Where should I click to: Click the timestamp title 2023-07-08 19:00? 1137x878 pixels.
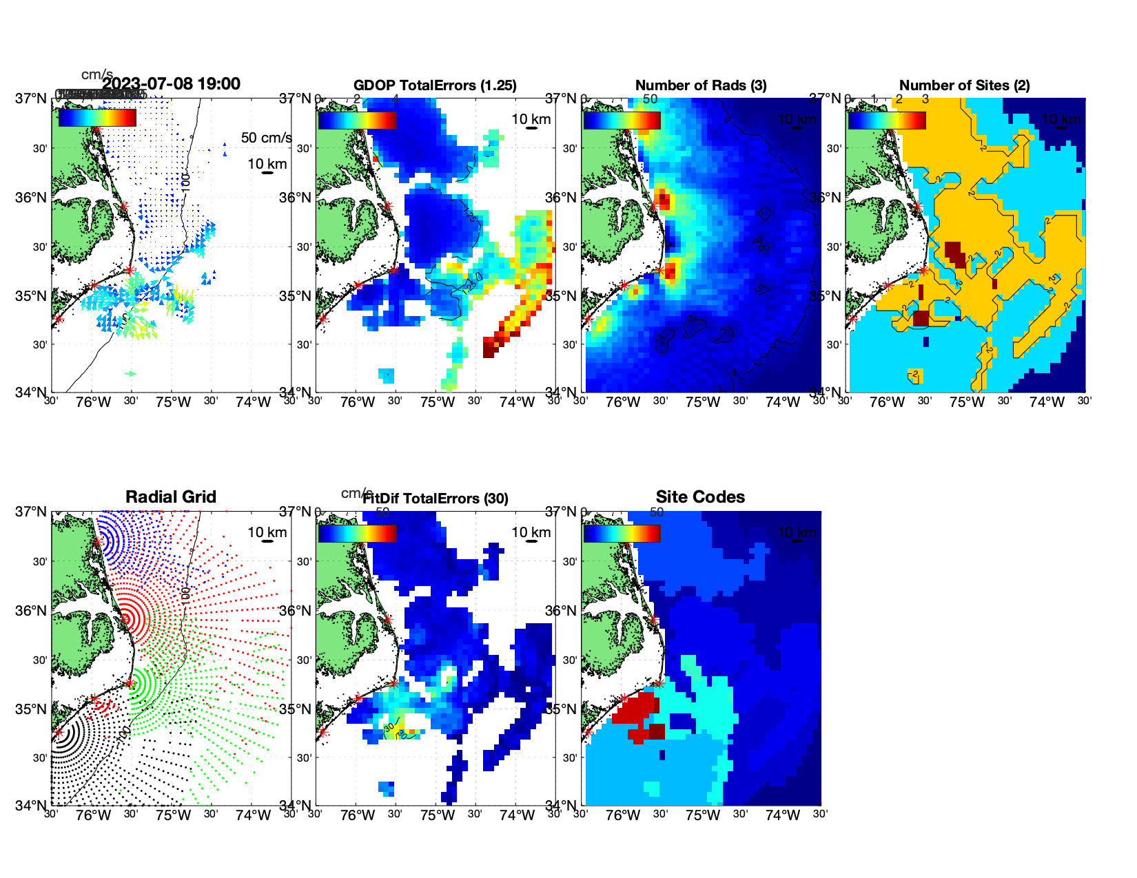[x=172, y=84]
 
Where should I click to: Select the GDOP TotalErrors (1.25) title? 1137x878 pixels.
[x=435, y=85]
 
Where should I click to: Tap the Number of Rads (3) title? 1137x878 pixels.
[x=701, y=85]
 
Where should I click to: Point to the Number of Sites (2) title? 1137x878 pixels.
[x=964, y=85]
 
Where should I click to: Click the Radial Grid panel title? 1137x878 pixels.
[x=171, y=497]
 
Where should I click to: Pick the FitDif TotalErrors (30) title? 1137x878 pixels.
[x=436, y=499]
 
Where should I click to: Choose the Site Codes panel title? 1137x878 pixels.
[x=700, y=497]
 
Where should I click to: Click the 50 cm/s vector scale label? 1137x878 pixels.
[x=266, y=138]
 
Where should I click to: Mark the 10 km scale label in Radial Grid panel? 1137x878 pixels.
[x=267, y=532]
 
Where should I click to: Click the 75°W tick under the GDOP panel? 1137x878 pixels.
[x=438, y=402]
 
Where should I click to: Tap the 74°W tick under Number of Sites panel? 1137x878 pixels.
[x=1047, y=402]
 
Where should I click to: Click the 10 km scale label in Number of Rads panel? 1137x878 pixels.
[x=797, y=119]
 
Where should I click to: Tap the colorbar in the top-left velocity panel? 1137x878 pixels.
[x=97, y=118]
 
